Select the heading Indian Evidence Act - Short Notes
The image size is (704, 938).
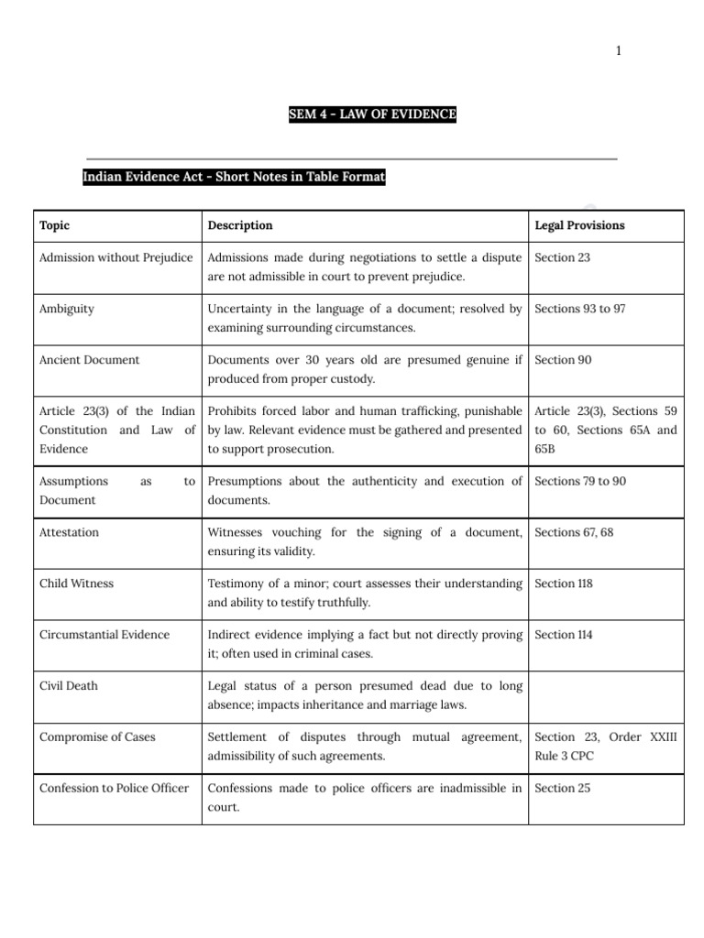[234, 177]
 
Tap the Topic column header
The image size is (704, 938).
[55, 225]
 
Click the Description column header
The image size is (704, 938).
[240, 225]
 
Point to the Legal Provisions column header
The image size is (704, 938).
[579, 225]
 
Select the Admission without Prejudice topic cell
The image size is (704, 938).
[116, 257]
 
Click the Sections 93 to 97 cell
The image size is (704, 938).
[580, 309]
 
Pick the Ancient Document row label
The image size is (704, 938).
[90, 360]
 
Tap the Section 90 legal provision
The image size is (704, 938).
[562, 360]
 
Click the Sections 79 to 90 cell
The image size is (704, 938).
[580, 481]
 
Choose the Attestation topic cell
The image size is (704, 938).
[70, 532]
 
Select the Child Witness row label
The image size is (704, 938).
[77, 584]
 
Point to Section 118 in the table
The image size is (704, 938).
[564, 584]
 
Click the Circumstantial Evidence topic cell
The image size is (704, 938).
[104, 635]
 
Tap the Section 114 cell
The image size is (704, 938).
[563, 635]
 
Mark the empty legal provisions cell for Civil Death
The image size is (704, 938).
[606, 696]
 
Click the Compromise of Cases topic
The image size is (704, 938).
[98, 737]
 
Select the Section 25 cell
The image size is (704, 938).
[562, 788]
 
